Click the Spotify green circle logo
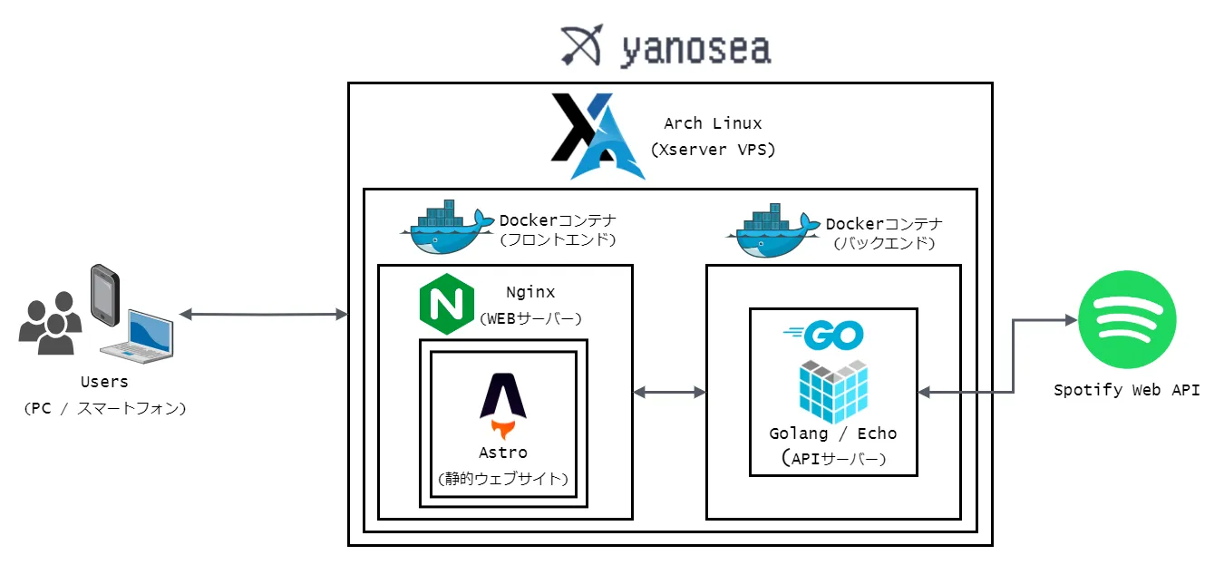pos(1127,319)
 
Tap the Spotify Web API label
pos(1126,390)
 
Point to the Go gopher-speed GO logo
pos(822,336)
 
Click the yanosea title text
pos(695,50)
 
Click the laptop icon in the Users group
pos(139,335)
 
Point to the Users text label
pos(104,382)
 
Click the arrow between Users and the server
pos(264,315)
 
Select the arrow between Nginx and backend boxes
pos(669,392)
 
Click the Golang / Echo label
pos(832,433)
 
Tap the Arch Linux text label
pos(713,123)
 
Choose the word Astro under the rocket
pos(502,452)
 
